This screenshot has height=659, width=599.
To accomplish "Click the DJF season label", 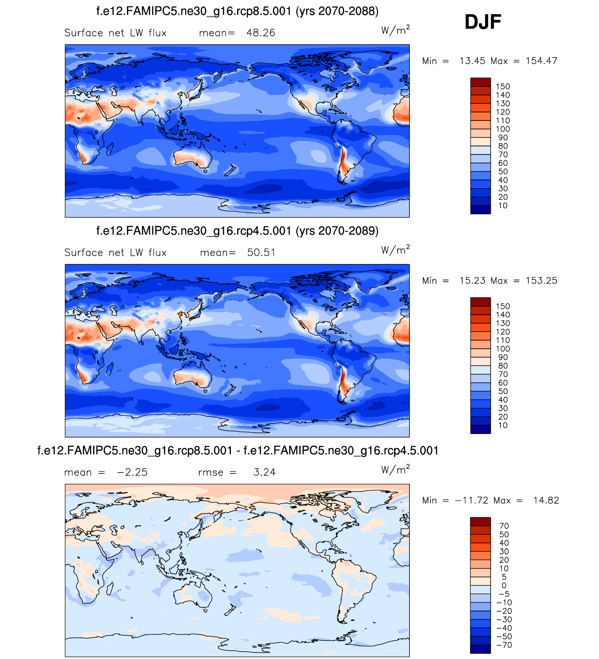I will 482,22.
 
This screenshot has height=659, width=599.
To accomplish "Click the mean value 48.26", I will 261,33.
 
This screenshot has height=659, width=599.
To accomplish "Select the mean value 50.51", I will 261,253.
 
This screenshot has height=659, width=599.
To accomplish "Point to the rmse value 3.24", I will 264,473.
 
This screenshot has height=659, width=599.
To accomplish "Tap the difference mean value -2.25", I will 132,473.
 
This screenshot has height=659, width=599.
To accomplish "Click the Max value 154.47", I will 541,61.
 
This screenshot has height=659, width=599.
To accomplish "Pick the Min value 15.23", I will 472,281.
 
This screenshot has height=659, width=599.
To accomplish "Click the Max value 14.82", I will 546,501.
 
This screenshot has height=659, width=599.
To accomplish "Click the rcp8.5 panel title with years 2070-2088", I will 237,11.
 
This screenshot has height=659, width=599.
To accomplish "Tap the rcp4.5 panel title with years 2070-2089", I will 237,231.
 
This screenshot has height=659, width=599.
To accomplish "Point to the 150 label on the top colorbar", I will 503,87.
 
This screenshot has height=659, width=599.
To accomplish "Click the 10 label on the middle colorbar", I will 503,426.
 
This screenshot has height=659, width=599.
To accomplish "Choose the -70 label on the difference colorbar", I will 504,645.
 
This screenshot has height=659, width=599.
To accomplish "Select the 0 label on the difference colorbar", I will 504,586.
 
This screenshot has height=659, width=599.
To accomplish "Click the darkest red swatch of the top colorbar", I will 480,82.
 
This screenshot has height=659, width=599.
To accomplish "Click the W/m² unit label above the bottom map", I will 395,470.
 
